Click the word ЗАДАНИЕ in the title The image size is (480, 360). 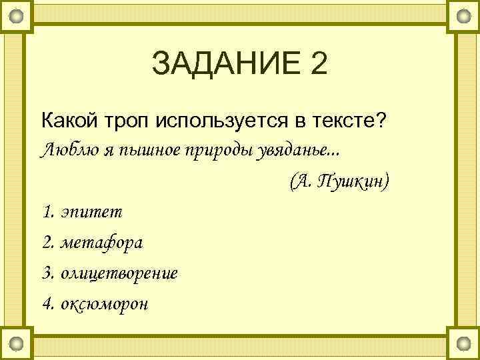pyautogui.click(x=223, y=65)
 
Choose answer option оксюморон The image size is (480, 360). pyautogui.click(x=104, y=304)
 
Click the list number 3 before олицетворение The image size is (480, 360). pyautogui.click(x=47, y=273)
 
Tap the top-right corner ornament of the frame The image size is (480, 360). pyautogui.click(x=463, y=15)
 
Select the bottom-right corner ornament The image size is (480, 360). pyautogui.click(x=463, y=343)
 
